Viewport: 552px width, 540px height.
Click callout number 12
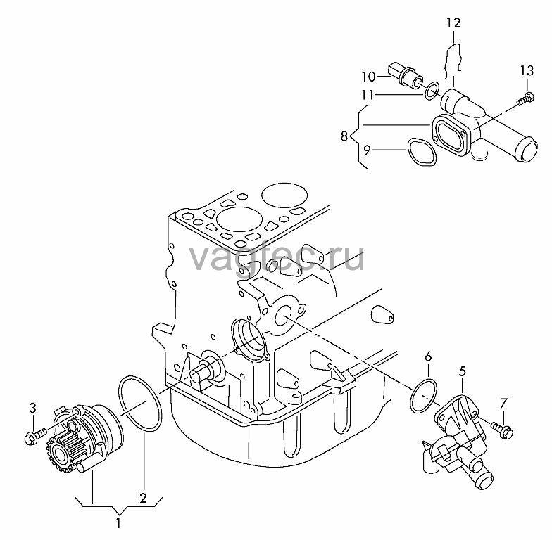point(453,23)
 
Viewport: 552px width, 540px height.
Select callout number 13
point(527,71)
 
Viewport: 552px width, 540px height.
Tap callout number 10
point(369,77)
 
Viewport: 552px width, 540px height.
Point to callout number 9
point(368,150)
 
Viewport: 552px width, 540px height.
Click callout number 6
point(428,357)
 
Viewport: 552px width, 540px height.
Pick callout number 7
point(504,404)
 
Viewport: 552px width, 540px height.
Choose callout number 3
point(32,408)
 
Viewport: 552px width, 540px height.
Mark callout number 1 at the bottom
point(118,523)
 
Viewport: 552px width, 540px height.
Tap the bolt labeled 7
point(501,430)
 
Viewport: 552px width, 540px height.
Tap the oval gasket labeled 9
point(422,151)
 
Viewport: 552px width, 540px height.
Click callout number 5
point(462,371)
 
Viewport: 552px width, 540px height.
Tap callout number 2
point(143,498)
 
